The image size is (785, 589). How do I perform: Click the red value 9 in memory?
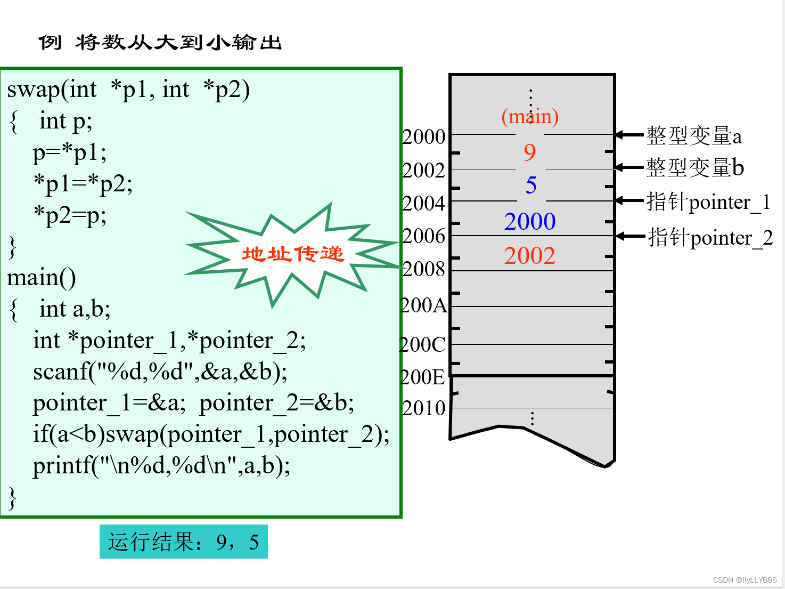529,152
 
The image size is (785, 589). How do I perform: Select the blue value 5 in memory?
531,185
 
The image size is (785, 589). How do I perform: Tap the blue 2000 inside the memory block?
530,222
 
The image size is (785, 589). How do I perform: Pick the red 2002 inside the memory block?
530,256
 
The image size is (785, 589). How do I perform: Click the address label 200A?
424,305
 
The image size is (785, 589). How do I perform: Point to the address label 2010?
424,408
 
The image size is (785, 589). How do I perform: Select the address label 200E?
423,377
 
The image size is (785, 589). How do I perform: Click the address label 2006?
424,236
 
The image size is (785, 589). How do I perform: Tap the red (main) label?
530,116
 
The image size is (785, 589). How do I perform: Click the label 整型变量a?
693,136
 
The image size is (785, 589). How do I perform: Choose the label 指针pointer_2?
710,238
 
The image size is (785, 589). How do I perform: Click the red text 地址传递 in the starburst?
293,254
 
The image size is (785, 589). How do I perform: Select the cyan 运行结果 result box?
183,542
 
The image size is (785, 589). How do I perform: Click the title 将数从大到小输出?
178,43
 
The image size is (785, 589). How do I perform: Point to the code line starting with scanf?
160,372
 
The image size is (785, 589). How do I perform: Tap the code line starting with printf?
161,466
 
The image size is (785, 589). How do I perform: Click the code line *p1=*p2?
83,184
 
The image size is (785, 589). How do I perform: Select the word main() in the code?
42,278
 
